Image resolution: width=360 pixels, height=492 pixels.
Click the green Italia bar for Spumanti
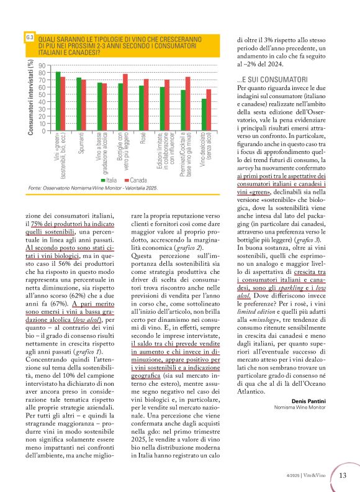pos(79,104)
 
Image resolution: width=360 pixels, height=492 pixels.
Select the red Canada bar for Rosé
pos(146,105)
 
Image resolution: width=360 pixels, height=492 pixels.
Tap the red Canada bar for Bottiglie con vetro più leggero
pos(125,102)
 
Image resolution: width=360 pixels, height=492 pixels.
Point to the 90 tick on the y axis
pos(42,65)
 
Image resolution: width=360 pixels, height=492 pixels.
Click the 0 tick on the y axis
pos(43,131)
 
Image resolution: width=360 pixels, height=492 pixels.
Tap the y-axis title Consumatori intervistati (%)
pos(30,96)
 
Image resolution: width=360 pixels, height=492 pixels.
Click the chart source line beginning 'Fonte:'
pos(92,188)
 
